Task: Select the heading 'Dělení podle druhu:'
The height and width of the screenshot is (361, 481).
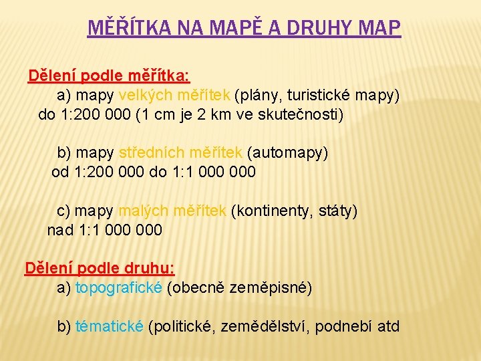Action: click(100, 268)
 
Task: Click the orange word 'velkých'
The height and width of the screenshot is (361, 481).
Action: click(144, 95)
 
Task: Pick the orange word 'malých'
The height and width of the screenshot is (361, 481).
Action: click(142, 211)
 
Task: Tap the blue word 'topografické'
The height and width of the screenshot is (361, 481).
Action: click(119, 288)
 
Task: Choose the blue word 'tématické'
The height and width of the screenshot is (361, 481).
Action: click(110, 327)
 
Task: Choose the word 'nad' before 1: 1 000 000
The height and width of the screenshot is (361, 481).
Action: click(60, 231)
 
